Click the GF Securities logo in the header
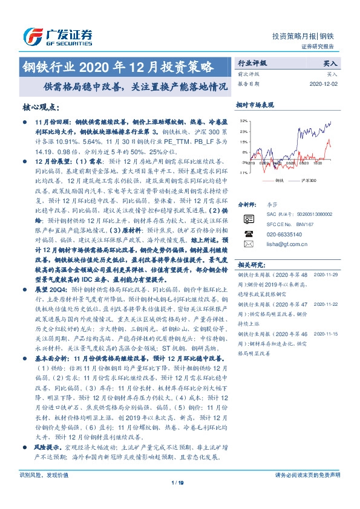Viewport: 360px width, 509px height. (57, 36)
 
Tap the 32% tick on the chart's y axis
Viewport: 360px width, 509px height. (243, 121)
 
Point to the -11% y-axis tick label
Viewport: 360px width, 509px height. (243, 173)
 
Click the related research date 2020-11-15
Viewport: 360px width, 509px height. (327, 333)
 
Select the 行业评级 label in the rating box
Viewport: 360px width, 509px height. (251, 62)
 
